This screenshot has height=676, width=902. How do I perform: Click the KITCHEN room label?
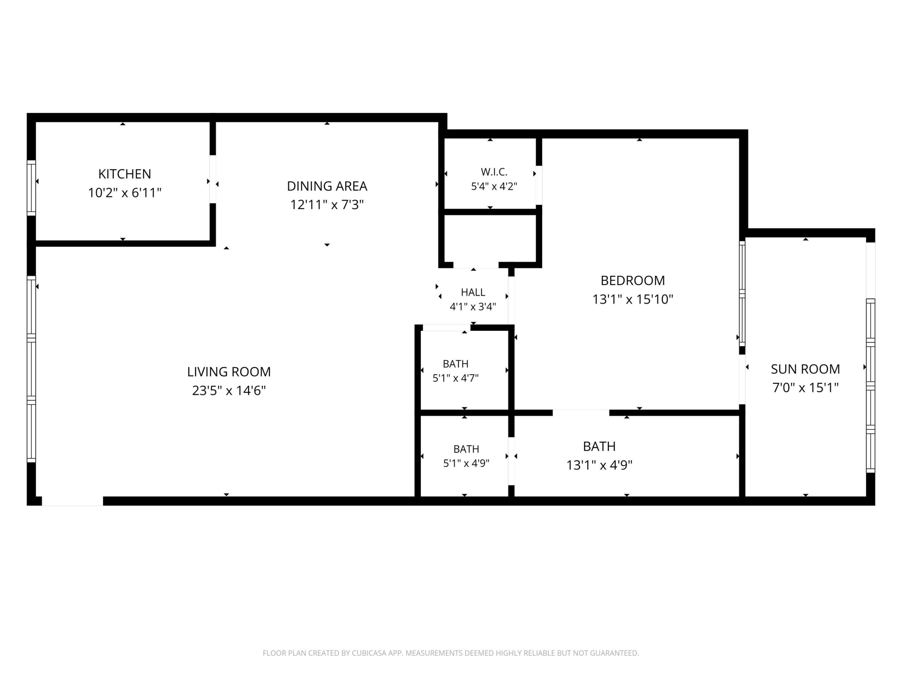point(124,174)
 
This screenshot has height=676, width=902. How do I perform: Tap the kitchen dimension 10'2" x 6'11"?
point(125,193)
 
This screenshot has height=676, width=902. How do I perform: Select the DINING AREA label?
point(327,186)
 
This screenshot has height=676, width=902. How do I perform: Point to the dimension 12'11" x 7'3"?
point(327,205)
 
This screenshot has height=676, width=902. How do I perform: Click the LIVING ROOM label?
point(229,371)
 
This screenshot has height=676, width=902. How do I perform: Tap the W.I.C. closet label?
point(494,172)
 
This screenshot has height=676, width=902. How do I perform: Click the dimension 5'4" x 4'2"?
point(494,187)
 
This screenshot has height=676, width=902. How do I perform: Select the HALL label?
point(473,292)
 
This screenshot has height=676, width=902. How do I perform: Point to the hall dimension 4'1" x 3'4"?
point(473,307)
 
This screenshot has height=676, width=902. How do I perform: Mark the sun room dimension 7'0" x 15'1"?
point(805,387)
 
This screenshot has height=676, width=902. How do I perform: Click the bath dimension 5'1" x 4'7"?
point(455,378)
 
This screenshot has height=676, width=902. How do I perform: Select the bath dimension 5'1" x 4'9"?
point(466,463)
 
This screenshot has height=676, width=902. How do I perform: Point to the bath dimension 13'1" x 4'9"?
point(599,465)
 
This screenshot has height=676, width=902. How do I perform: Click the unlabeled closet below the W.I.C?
point(490,239)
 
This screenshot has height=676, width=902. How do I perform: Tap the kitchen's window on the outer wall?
point(31,188)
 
